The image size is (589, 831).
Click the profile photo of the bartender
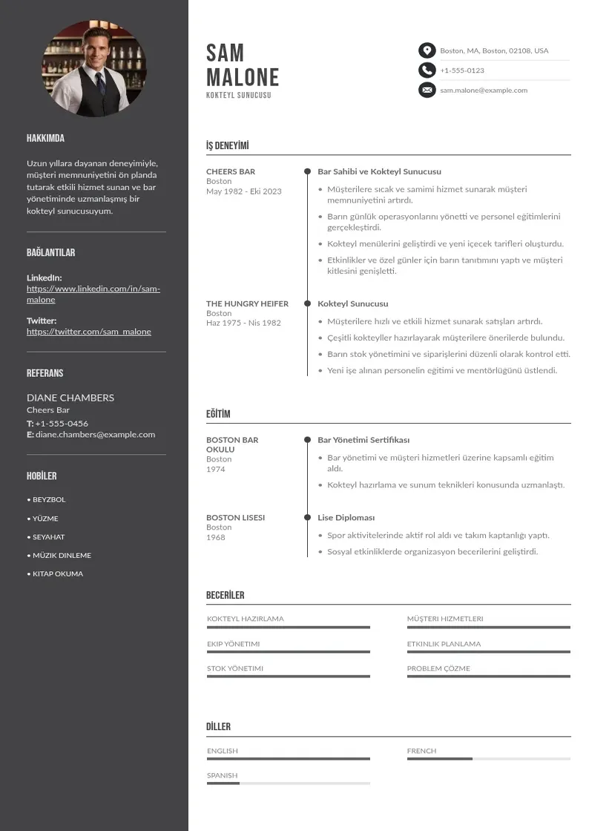click(x=94, y=68)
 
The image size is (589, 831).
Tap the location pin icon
click(x=427, y=50)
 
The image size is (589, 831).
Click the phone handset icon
click(x=427, y=70)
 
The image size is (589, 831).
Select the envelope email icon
click(x=427, y=91)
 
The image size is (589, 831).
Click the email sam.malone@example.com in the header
click(x=484, y=91)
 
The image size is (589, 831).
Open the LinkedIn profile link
click(x=93, y=294)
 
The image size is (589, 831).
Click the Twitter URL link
click(x=89, y=332)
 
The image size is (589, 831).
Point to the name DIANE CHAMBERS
click(x=70, y=398)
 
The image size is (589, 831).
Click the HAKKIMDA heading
click(x=45, y=139)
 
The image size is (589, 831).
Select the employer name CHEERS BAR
click(x=231, y=171)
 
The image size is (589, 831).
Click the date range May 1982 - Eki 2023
click(x=244, y=191)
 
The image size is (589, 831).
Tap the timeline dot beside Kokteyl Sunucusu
click(x=307, y=303)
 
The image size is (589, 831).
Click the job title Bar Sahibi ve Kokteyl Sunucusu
click(x=379, y=171)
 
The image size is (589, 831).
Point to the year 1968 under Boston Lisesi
click(x=216, y=537)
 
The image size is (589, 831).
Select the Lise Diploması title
click(x=346, y=518)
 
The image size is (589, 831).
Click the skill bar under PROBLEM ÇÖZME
click(x=488, y=677)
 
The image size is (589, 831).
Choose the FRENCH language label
click(x=421, y=751)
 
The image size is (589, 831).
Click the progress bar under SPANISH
click(x=288, y=784)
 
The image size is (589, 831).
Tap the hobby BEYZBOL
click(x=49, y=500)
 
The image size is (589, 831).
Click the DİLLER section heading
click(x=218, y=727)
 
